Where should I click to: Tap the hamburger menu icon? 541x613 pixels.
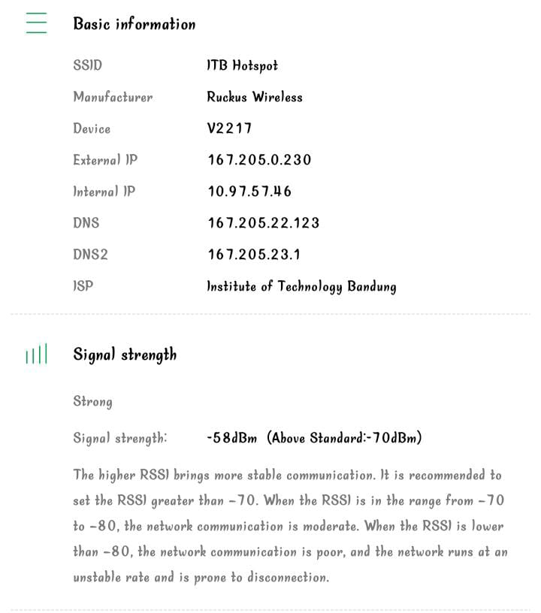36,23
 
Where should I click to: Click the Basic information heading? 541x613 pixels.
134,24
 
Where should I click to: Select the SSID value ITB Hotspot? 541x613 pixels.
242,66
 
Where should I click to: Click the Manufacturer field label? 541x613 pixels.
112,98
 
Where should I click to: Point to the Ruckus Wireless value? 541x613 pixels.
255,98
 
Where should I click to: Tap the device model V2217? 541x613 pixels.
229,129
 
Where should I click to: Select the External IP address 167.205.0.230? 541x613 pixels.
259,161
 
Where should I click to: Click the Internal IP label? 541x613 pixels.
104,192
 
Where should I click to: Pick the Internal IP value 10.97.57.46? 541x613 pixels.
249,192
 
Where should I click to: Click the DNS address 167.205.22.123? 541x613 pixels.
264,224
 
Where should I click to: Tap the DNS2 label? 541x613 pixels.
90,255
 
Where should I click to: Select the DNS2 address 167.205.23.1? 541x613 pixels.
254,255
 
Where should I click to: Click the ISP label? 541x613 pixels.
83,287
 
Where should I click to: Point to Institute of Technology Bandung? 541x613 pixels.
301,287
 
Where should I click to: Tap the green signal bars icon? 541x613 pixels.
36,355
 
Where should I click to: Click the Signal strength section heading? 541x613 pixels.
125,355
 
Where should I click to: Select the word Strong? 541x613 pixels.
92,402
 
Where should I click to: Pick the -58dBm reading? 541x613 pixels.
232,438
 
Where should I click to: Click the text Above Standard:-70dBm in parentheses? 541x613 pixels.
344,438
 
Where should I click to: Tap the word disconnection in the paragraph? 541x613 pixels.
283,578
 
